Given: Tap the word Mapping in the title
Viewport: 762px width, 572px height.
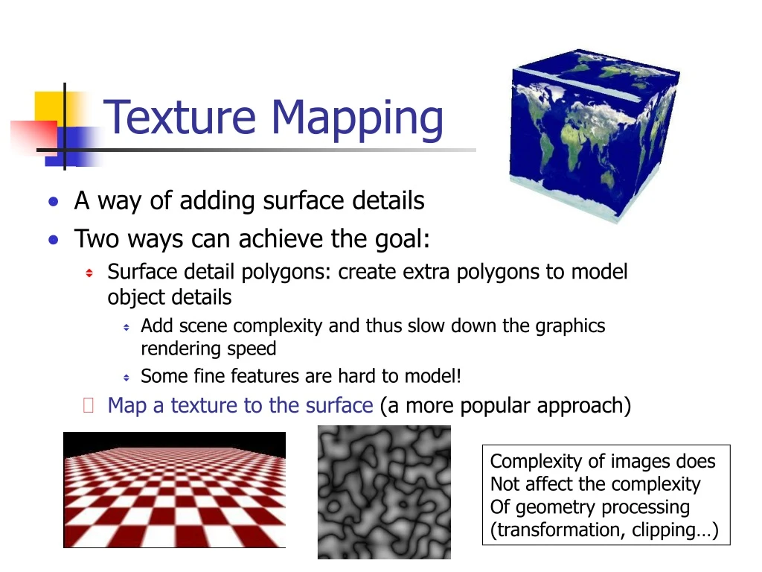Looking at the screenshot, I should pos(356,119).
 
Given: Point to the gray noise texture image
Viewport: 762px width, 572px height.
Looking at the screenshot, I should pos(384,492).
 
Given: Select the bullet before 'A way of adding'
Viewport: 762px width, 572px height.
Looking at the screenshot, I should pos(53,202).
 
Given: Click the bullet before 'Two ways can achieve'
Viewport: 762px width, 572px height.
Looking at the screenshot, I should pos(53,240).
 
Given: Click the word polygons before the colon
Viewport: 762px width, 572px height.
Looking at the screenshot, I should pos(285,273).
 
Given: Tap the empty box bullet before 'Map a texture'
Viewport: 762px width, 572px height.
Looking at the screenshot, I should pos(89,406).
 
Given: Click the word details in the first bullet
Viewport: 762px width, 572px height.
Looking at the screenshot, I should pos(388,201).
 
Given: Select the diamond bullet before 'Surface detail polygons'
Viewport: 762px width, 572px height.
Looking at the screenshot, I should pos(89,273).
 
